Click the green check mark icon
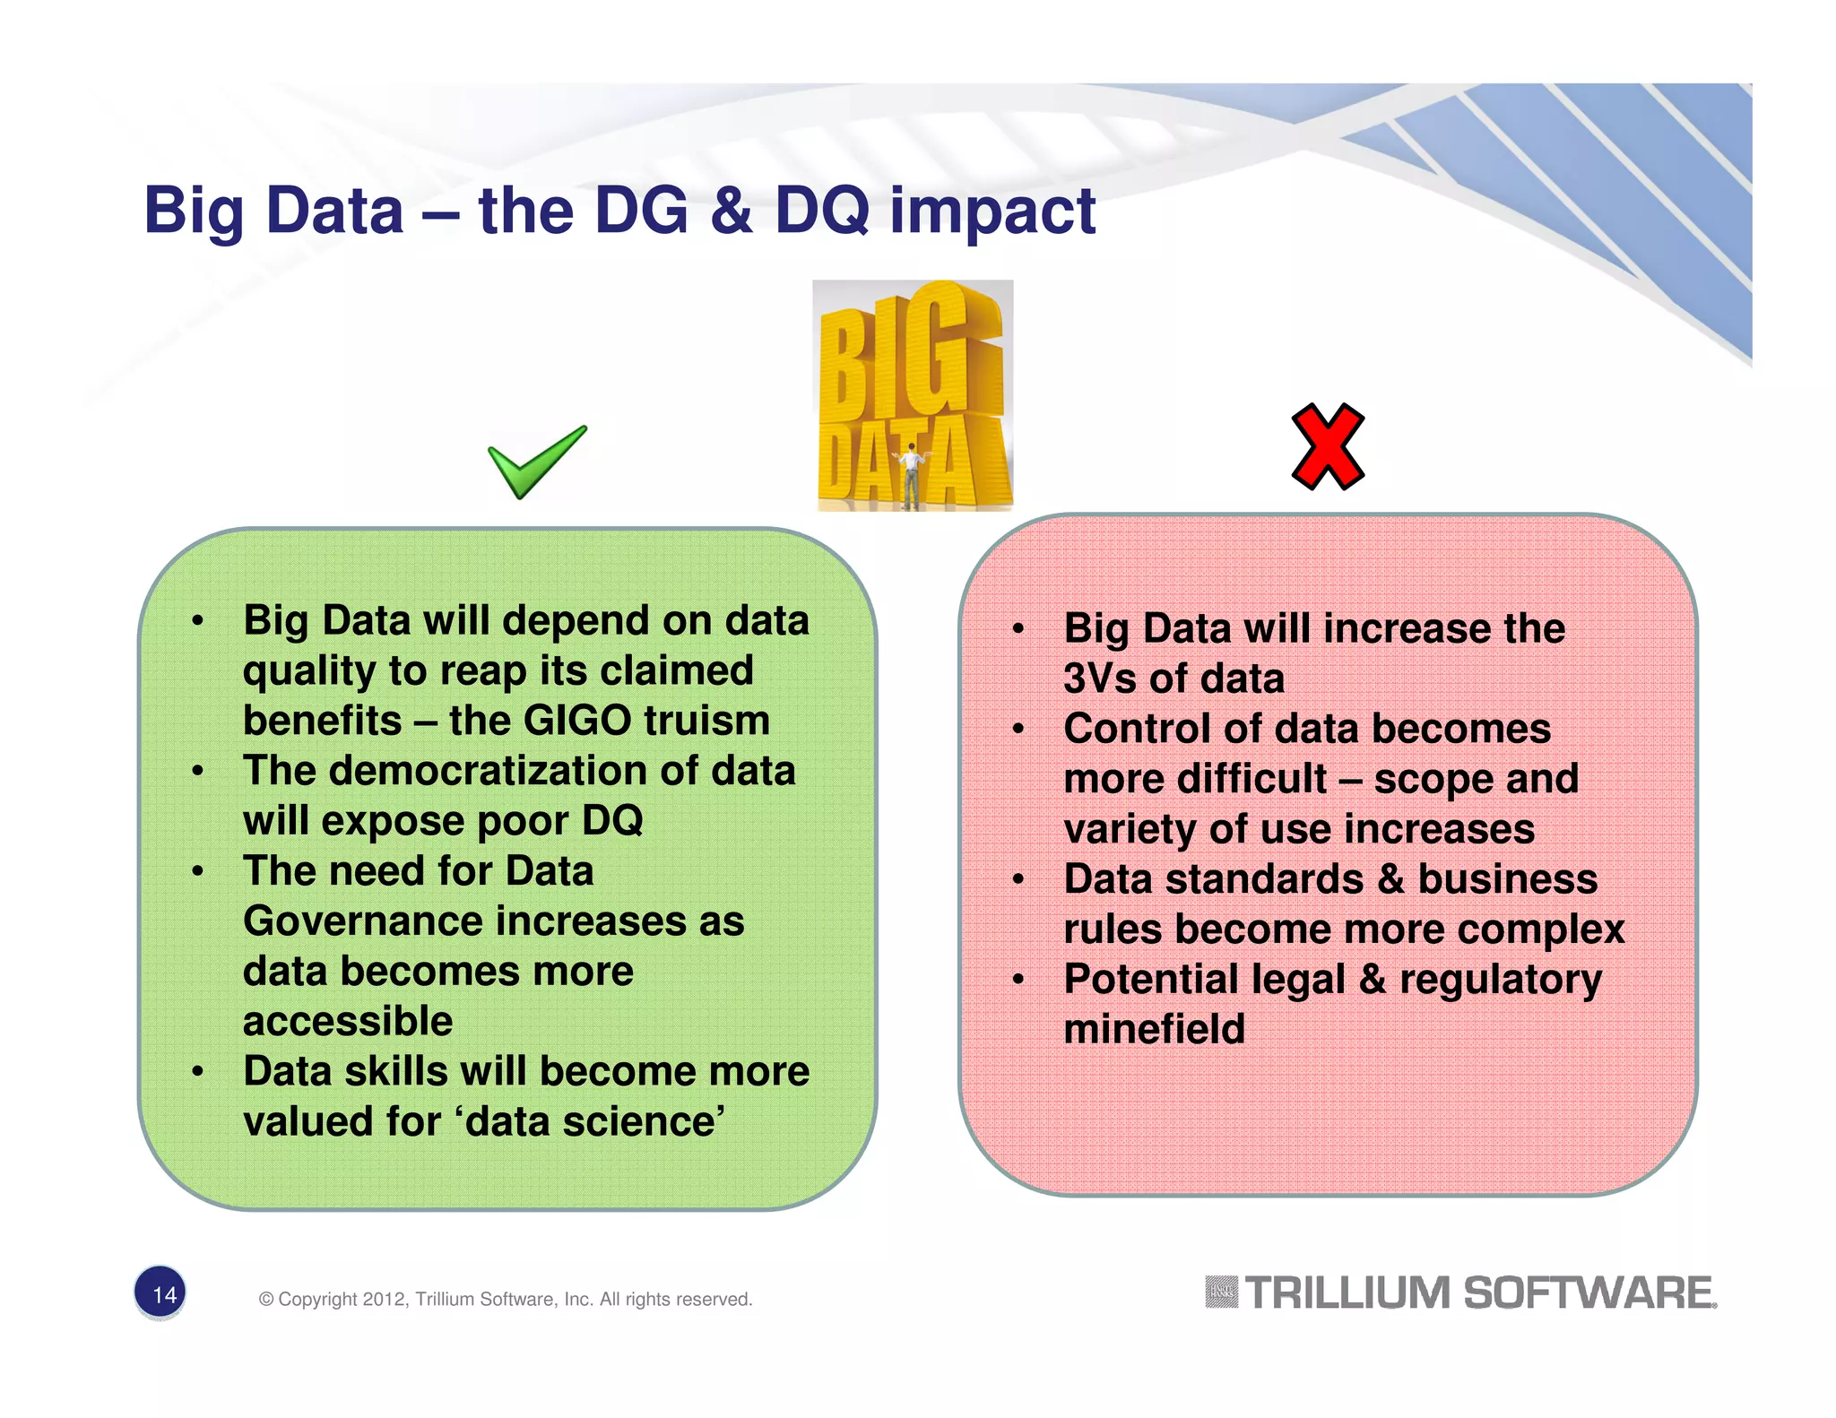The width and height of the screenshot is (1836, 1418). click(x=536, y=462)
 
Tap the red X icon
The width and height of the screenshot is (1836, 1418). click(x=1328, y=446)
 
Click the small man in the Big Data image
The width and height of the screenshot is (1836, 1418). click(x=912, y=475)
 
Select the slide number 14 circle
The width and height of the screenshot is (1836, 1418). click(x=160, y=1293)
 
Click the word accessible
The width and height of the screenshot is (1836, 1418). click(x=348, y=1022)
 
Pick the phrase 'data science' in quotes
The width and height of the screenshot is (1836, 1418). click(x=591, y=1122)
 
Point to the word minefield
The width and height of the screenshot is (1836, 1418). click(x=1154, y=1029)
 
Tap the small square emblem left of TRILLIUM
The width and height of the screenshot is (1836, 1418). click(x=1221, y=1293)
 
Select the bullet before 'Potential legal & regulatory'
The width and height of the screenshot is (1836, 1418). click(x=1018, y=980)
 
